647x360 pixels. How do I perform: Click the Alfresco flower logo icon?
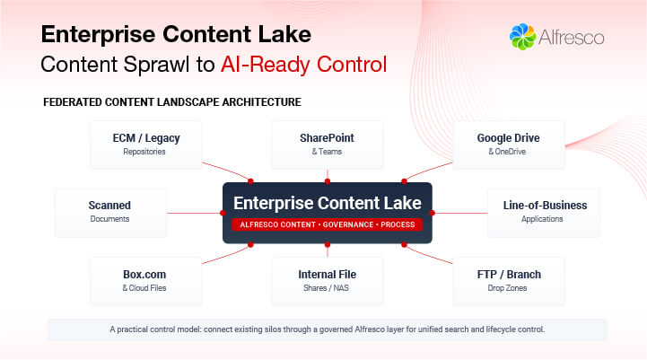pyautogui.click(x=522, y=37)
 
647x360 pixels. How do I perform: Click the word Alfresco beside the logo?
pyautogui.click(x=571, y=38)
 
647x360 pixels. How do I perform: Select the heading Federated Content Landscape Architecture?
pyautogui.click(x=171, y=102)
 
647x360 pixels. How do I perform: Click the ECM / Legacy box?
pyautogui.click(x=146, y=145)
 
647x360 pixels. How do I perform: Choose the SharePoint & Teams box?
pyautogui.click(x=327, y=145)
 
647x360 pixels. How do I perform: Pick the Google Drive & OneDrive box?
pyautogui.click(x=508, y=145)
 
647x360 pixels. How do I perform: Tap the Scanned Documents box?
pyautogui.click(x=110, y=212)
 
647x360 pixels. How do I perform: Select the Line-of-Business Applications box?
pyautogui.click(x=544, y=212)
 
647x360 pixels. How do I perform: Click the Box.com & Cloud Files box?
pyautogui.click(x=146, y=280)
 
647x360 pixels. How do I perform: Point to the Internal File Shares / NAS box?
pyautogui.click(x=327, y=280)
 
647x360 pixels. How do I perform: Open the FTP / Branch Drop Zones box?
pyautogui.click(x=508, y=280)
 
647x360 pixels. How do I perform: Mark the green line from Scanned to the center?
pyautogui.click(x=193, y=213)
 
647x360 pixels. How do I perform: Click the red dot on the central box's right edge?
pyautogui.click(x=433, y=213)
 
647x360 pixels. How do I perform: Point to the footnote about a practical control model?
pyautogui.click(x=327, y=329)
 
